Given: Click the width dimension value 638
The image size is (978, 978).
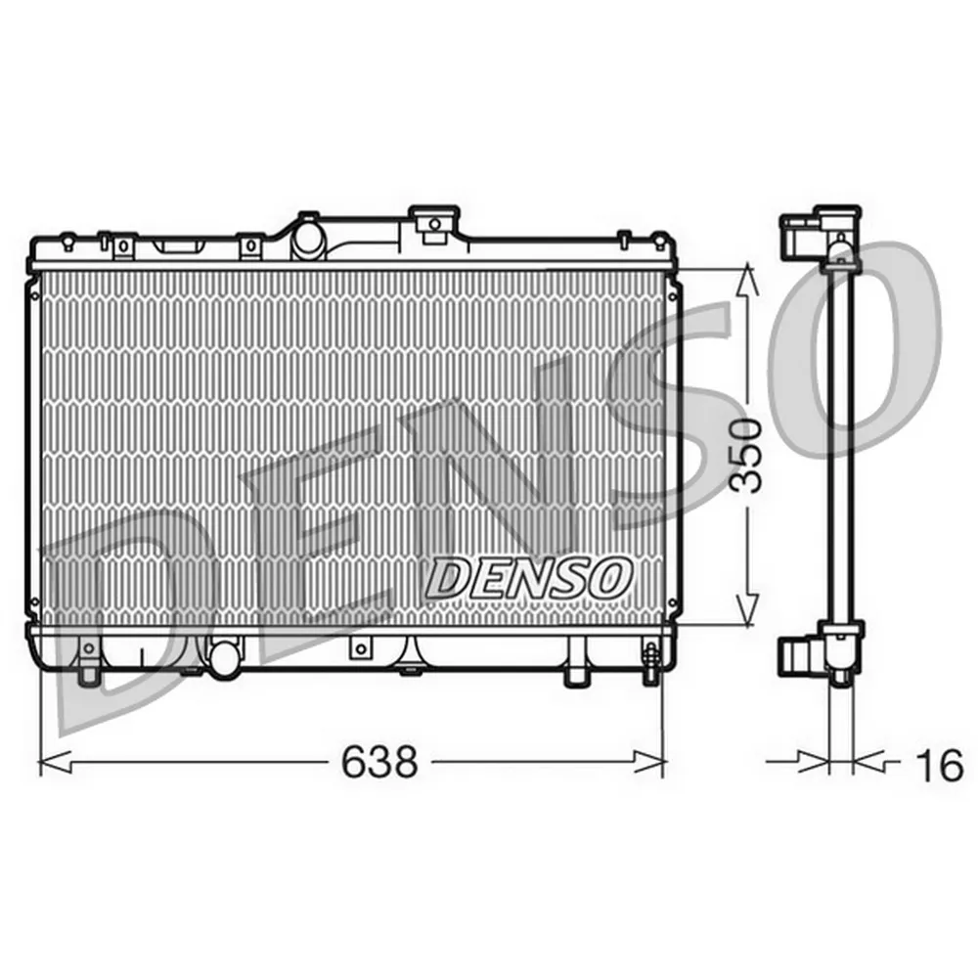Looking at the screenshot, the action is click(x=378, y=762).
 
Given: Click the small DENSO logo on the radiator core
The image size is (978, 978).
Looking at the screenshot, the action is click(x=526, y=577).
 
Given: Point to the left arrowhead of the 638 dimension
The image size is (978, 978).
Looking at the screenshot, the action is click(x=56, y=762).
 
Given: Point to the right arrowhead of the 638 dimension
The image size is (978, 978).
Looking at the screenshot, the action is click(x=649, y=762).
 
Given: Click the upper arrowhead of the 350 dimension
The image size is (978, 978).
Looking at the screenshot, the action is click(x=747, y=280).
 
